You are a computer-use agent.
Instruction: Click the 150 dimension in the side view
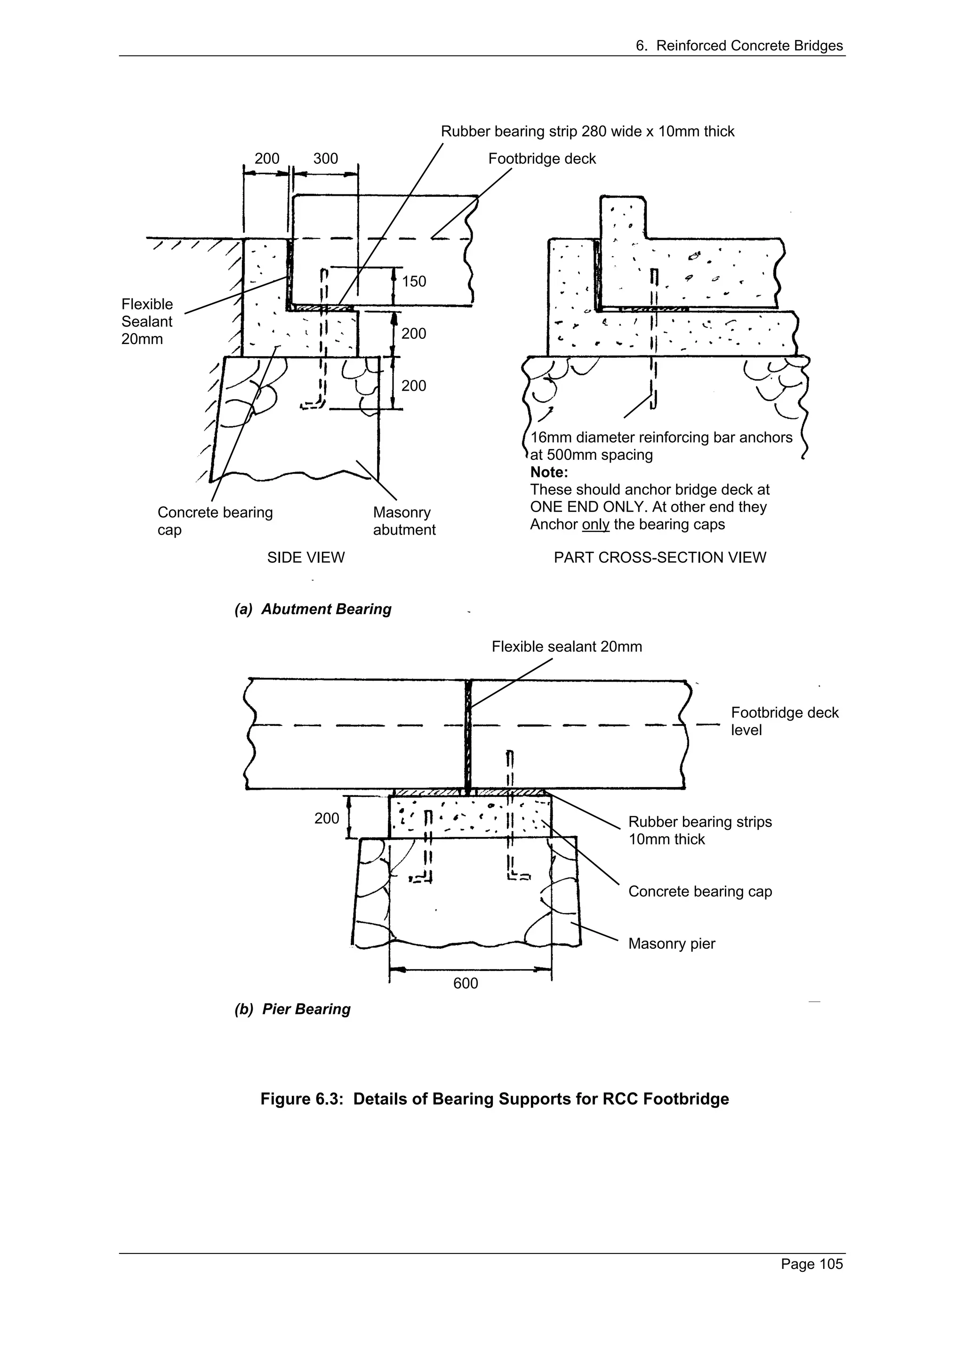[x=414, y=281]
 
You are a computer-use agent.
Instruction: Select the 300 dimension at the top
[x=325, y=159]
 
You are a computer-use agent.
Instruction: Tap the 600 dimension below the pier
[x=465, y=983]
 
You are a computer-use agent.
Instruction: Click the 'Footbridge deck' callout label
[x=542, y=159]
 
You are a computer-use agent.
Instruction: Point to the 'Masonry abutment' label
[x=404, y=521]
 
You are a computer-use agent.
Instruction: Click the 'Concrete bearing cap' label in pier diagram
[x=699, y=892]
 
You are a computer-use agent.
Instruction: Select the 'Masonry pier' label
[x=671, y=944]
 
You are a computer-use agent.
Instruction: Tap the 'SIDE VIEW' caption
[x=306, y=558]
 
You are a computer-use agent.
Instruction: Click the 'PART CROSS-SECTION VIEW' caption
[x=660, y=558]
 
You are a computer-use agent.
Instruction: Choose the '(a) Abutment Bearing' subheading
[x=313, y=610]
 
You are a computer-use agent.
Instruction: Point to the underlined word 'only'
[x=596, y=525]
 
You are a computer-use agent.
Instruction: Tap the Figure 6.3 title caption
[x=494, y=1099]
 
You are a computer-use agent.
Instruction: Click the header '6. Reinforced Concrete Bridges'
[x=739, y=46]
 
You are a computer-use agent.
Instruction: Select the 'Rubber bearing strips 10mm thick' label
[x=699, y=831]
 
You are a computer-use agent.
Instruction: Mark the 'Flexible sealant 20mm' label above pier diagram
[x=567, y=647]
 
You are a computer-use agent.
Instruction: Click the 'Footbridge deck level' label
[x=784, y=721]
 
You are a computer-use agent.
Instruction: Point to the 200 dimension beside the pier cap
[x=326, y=818]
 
